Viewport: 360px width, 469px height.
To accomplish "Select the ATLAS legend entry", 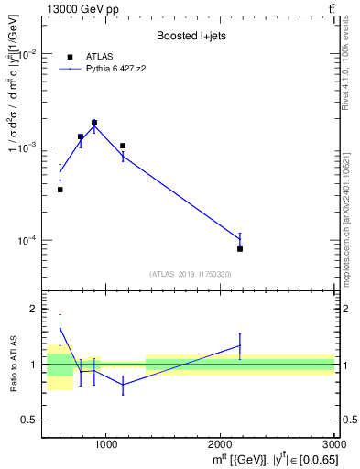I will tap(93, 56).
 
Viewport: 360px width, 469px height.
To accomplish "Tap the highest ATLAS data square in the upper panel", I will tap(94, 123).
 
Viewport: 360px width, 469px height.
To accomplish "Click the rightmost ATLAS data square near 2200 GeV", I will tap(240, 248).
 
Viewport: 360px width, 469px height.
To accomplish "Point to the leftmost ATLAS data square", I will tap(60, 190).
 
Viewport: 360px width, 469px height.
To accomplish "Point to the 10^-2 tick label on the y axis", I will tap(26, 53).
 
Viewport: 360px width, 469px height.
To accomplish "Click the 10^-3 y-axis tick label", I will tap(26, 147).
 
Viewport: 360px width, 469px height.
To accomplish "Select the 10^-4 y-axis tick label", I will tap(26, 240).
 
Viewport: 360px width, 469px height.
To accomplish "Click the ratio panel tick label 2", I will tap(32, 310).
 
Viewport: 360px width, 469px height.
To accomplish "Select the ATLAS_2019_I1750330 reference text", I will tap(190, 274).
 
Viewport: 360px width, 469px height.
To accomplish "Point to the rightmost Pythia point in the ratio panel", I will tap(240, 345).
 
